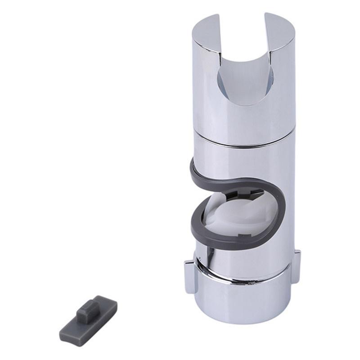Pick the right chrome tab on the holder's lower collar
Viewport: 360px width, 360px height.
[297, 266]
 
